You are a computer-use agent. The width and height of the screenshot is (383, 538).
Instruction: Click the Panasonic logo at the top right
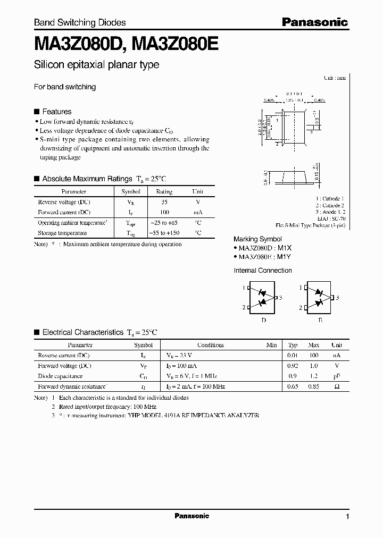point(314,22)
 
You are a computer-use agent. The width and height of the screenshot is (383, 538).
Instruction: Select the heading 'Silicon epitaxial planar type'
point(96,65)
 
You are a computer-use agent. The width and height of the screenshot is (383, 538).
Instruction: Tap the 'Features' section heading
point(56,112)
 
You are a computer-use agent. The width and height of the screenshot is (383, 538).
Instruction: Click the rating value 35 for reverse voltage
point(164,202)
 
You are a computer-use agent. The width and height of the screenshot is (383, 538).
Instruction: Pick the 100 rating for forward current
point(164,212)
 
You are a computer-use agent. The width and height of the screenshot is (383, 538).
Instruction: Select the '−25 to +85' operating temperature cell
point(164,223)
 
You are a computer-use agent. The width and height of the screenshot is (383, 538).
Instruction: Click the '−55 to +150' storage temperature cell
point(164,233)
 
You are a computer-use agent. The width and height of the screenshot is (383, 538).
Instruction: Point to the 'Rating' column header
point(164,191)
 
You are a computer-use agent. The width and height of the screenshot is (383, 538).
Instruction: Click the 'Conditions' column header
point(210,345)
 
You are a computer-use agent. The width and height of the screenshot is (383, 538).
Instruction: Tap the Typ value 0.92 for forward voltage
point(293,366)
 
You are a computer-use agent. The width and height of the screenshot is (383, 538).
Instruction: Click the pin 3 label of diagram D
point(280,298)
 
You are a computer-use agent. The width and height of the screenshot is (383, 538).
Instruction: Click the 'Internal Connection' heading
point(263,271)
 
